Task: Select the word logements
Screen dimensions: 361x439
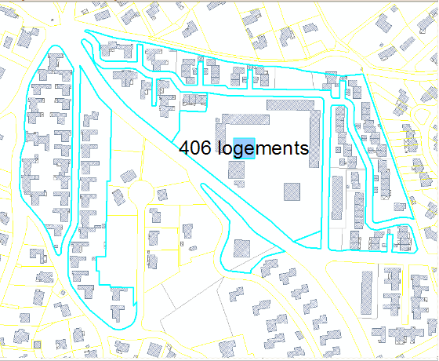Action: (x=263, y=148)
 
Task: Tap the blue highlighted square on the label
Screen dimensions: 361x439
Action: (x=244, y=148)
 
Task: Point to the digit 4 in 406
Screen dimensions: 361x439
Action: (x=185, y=148)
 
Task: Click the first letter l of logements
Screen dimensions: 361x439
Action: (x=219, y=148)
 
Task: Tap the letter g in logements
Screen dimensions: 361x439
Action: (x=237, y=151)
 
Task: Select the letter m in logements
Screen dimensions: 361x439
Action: (x=263, y=149)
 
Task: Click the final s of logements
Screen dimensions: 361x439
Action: (x=303, y=149)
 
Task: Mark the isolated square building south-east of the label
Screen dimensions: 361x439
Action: (x=293, y=191)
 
